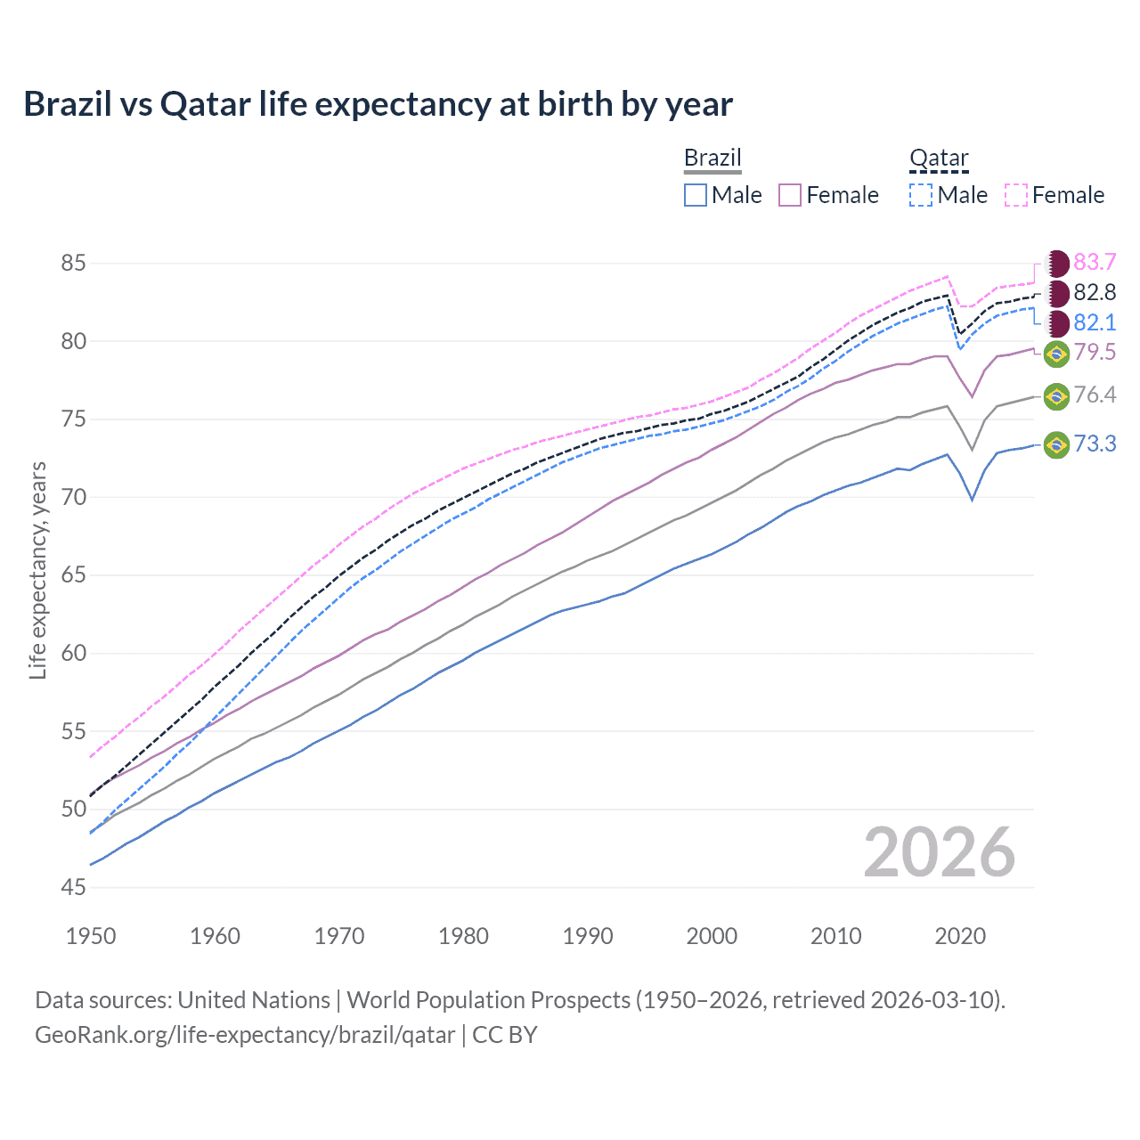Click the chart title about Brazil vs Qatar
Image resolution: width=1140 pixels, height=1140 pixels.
pyautogui.click(x=378, y=104)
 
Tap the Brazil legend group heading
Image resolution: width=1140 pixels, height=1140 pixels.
pyautogui.click(x=712, y=159)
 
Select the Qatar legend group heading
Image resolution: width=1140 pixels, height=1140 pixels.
pyautogui.click(x=939, y=159)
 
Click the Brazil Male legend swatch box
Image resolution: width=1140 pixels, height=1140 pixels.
pyautogui.click(x=696, y=195)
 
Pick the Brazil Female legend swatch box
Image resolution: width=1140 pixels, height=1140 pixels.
pyautogui.click(x=790, y=195)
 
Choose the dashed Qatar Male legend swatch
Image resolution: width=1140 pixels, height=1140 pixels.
pyautogui.click(x=921, y=195)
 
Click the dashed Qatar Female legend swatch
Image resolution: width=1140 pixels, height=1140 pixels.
pyautogui.click(x=1016, y=195)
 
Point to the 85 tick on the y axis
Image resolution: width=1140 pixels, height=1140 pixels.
pyautogui.click(x=74, y=264)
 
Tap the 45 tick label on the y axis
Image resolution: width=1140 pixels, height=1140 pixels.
pyautogui.click(x=74, y=887)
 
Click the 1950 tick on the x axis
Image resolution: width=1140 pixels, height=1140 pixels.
pyautogui.click(x=91, y=936)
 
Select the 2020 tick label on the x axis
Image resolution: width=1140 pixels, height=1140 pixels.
pyautogui.click(x=960, y=936)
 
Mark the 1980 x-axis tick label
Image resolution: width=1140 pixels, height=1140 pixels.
pyautogui.click(x=463, y=936)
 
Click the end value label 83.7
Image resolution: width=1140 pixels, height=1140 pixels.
pyautogui.click(x=1095, y=262)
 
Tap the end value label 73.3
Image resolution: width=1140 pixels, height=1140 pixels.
pyautogui.click(x=1095, y=444)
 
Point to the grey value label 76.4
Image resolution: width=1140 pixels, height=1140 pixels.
pyautogui.click(x=1095, y=395)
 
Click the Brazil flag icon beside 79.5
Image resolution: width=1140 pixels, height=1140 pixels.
pyautogui.click(x=1056, y=354)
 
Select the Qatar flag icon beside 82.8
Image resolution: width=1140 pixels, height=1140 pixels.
pyautogui.click(x=1057, y=293)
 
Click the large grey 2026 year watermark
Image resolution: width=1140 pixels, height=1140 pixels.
pyautogui.click(x=940, y=852)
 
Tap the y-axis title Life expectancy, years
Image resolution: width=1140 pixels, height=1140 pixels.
pyautogui.click(x=37, y=570)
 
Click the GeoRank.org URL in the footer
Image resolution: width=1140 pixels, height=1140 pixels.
pyautogui.click(x=245, y=1035)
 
